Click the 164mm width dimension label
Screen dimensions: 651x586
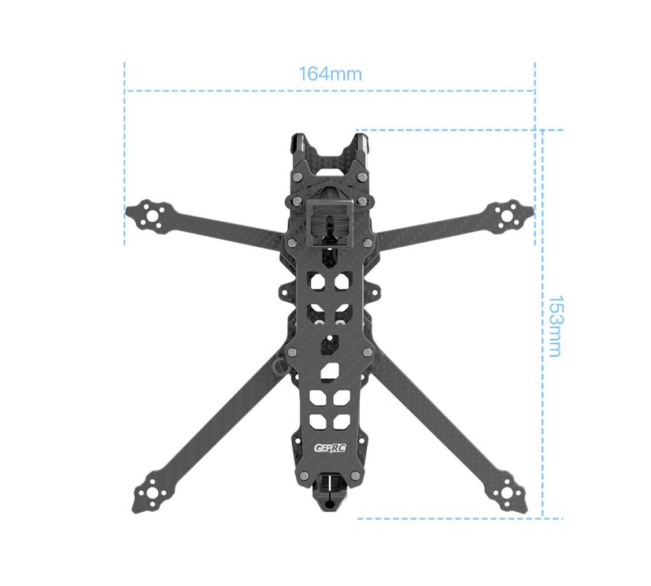(x=330, y=74)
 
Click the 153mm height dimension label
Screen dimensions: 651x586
(x=556, y=326)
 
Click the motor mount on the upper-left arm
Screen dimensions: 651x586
(x=150, y=215)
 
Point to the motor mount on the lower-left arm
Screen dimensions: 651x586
(x=151, y=493)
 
